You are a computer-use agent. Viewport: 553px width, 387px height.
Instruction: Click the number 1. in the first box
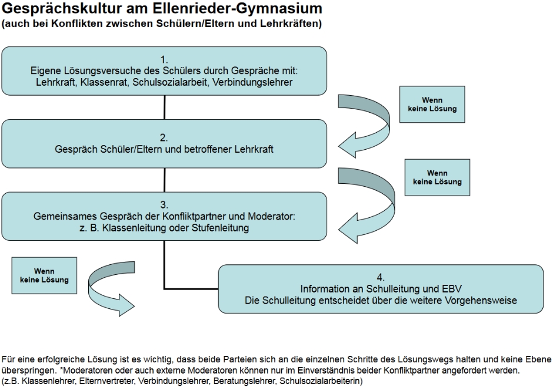point(164,59)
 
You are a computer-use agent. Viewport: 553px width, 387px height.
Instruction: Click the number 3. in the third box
point(164,206)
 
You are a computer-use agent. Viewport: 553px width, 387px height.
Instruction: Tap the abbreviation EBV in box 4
point(452,289)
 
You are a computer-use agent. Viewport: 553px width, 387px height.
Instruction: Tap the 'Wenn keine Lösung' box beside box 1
point(428,105)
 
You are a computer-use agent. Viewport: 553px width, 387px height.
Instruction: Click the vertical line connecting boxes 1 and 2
point(164,106)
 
